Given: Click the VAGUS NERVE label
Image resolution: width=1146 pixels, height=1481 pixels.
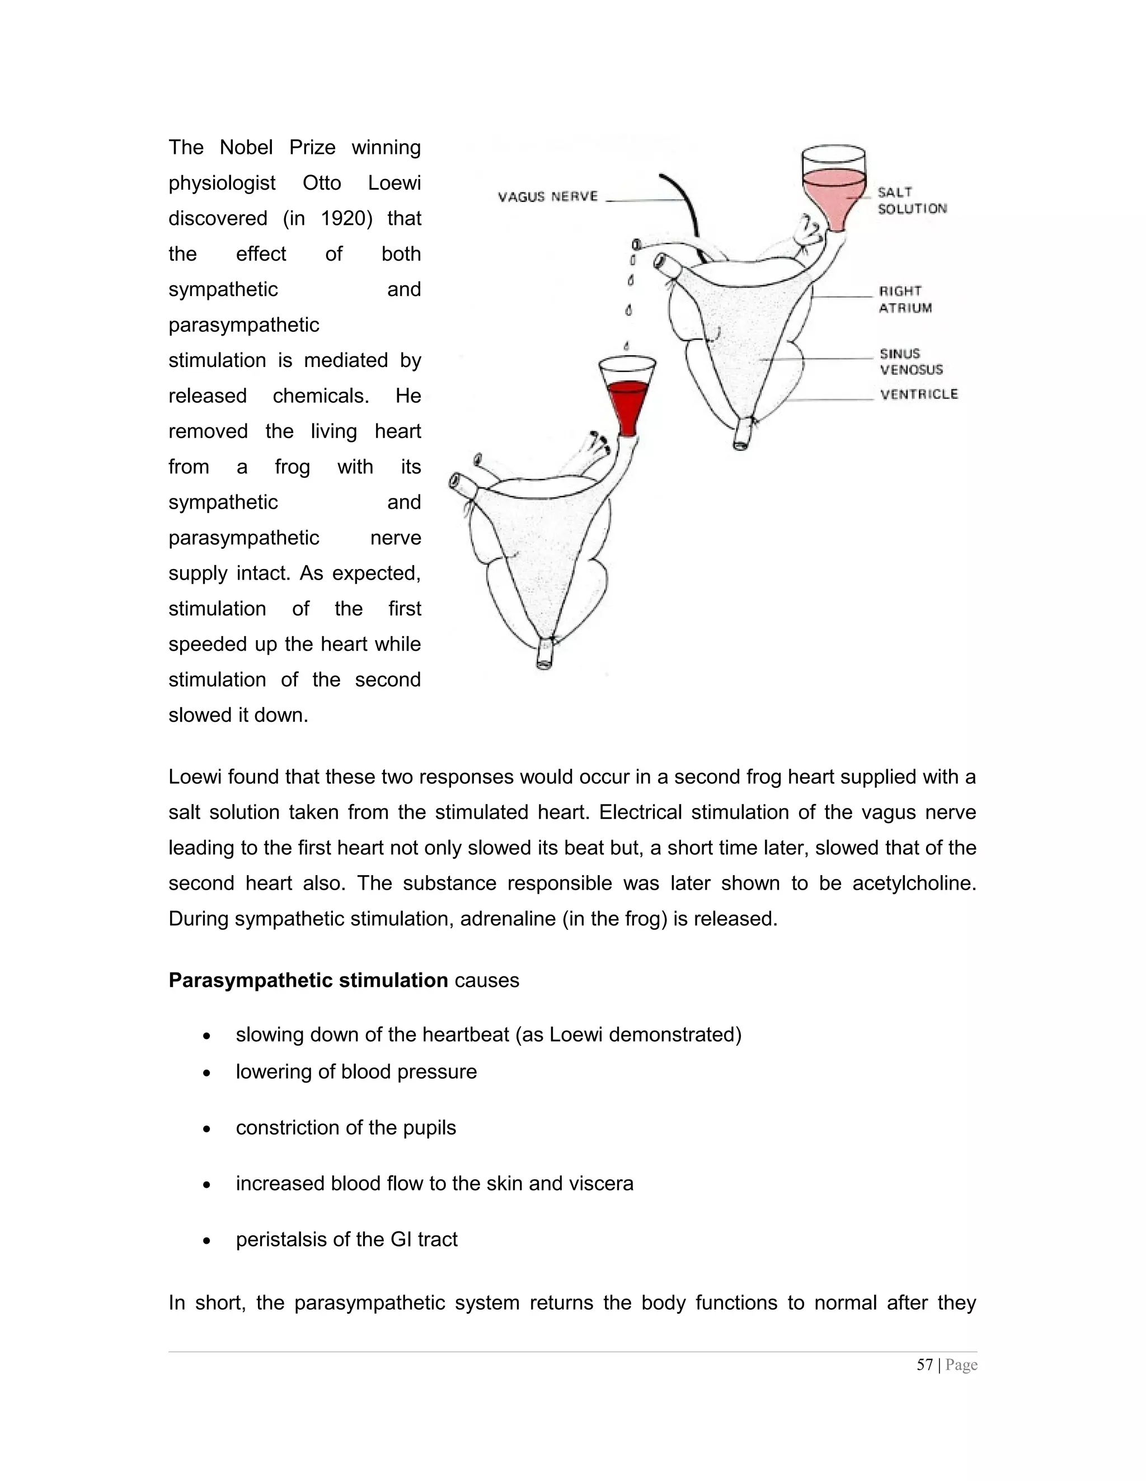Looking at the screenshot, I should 548,196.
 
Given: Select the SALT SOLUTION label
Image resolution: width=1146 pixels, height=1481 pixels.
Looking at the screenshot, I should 912,201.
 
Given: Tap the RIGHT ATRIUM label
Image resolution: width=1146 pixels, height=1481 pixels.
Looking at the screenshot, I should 905,299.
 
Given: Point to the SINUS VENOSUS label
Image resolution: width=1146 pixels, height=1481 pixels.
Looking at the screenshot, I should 910,361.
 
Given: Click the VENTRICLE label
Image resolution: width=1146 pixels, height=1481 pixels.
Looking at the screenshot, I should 918,394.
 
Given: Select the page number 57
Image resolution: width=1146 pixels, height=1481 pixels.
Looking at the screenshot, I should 924,1365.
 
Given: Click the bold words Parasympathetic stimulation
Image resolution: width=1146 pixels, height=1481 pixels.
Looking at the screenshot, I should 308,981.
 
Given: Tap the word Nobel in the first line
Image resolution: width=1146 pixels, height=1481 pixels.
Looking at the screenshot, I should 246,147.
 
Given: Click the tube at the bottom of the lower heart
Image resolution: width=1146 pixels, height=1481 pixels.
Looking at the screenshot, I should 544,655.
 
